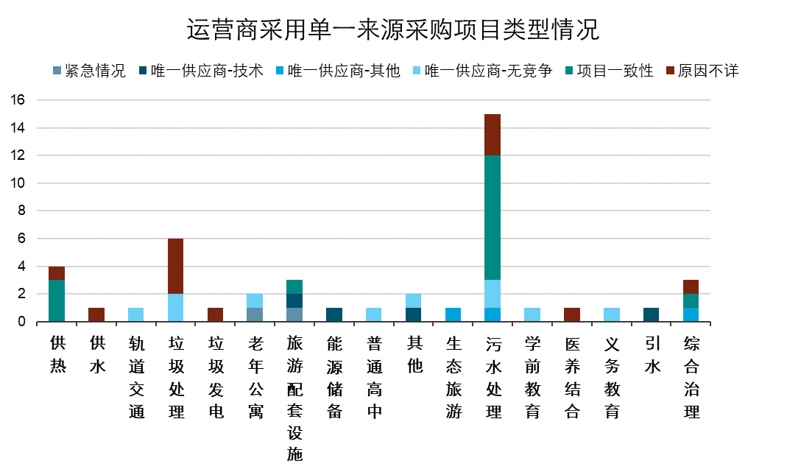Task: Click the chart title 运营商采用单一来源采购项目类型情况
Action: (392, 30)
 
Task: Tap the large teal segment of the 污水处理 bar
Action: (493, 217)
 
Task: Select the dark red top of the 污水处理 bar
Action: (493, 135)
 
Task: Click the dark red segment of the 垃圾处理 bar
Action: (176, 266)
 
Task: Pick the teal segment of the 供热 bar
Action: (57, 300)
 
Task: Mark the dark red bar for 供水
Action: (96, 314)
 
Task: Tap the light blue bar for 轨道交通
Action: (136, 314)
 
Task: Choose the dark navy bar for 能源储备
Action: (334, 314)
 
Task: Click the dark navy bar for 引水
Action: (651, 314)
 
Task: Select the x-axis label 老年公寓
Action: (255, 377)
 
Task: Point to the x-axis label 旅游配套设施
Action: (294, 398)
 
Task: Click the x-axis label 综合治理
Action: (691, 377)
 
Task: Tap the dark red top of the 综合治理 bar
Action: (691, 286)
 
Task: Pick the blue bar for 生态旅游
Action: (453, 314)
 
